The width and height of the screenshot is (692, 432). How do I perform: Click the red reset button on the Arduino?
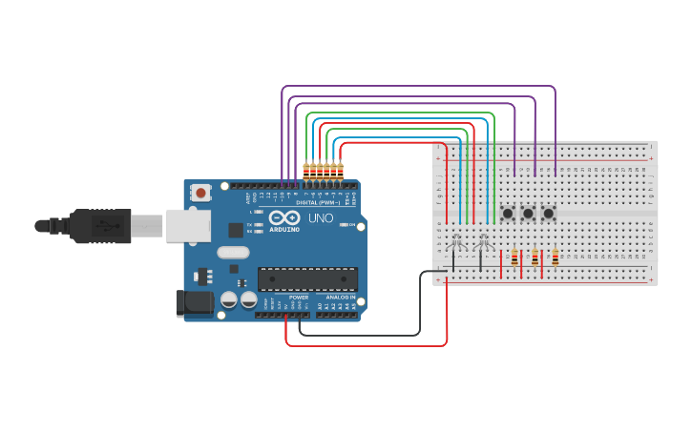pos(200,193)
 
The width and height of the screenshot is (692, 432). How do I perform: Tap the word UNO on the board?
pos(321,218)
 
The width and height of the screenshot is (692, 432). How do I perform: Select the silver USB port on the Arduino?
pos(188,225)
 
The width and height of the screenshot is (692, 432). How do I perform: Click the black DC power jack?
pos(194,303)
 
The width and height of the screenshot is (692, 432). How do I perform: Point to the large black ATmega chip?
pos(307,278)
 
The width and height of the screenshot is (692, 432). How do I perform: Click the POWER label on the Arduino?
pos(299,298)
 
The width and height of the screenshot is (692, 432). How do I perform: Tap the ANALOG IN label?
pos(341,298)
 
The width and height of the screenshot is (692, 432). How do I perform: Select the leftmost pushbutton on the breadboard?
pos(508,213)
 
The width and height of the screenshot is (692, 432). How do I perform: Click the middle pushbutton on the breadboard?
pos(528,213)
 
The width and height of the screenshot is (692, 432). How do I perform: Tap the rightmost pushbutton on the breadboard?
pos(548,213)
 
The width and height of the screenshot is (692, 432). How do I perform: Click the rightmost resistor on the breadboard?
pos(556,257)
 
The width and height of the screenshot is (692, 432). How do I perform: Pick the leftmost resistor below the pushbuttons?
pos(514,257)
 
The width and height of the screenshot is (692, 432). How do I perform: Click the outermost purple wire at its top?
pos(420,86)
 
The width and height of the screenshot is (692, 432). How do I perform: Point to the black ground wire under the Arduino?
pos(363,336)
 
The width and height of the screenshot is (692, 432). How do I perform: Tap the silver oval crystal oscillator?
pos(233,253)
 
